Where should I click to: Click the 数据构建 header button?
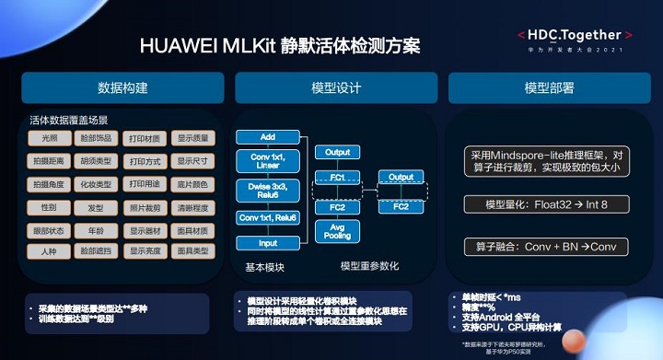122,88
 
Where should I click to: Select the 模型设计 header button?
335,88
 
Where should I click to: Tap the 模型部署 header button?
549,88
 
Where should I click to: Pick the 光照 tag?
48,139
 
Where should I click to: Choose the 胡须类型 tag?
97,161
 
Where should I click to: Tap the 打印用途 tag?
144,184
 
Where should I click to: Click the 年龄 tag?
97,229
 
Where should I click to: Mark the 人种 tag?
48,250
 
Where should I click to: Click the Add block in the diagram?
268,137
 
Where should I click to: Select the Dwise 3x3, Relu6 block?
268,189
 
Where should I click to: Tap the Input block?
268,243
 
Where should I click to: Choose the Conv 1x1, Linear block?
268,161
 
